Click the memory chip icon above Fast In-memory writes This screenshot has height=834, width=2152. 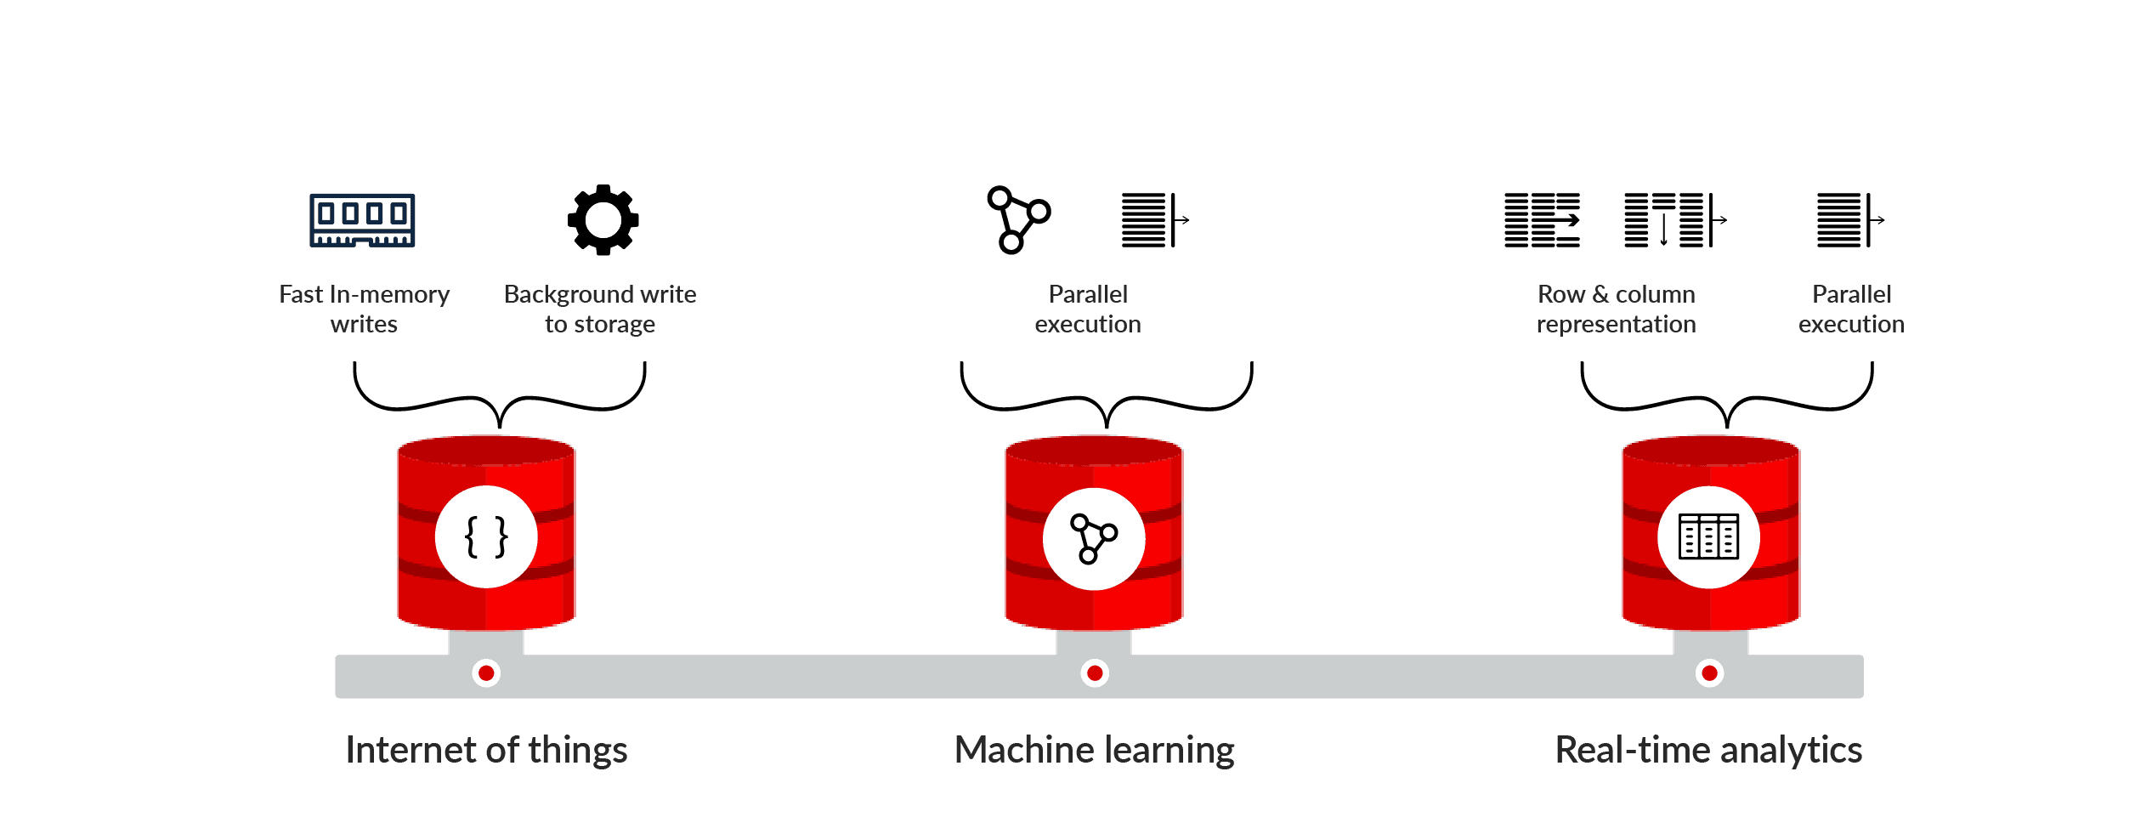pos(362,220)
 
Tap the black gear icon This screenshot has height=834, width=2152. pos(603,220)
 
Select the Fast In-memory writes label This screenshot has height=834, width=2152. pos(364,309)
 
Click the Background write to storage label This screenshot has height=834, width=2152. pos(600,309)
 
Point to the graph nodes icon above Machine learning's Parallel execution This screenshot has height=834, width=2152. pos(1018,220)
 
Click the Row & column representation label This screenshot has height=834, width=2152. pos(1616,309)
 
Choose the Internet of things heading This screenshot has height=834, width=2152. pos(486,750)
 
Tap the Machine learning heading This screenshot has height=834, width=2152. pos(1094,750)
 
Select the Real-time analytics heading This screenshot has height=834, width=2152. pos(1708,750)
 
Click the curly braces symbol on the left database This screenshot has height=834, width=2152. pos(486,537)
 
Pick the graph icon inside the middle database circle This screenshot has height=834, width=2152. pos(1093,538)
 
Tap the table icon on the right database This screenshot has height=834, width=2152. pos(1708,537)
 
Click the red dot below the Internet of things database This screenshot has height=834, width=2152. pos(486,673)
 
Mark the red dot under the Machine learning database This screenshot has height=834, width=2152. pos(1095,673)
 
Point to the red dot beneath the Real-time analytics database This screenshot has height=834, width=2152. pos(1709,673)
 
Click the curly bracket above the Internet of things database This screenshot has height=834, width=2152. pos(500,400)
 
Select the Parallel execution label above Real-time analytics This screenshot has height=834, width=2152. pos(1851,309)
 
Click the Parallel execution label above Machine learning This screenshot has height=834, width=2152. pos(1088,309)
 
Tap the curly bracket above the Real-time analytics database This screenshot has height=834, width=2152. pos(1726,400)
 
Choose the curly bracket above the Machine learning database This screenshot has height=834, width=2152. pos(1106,400)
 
